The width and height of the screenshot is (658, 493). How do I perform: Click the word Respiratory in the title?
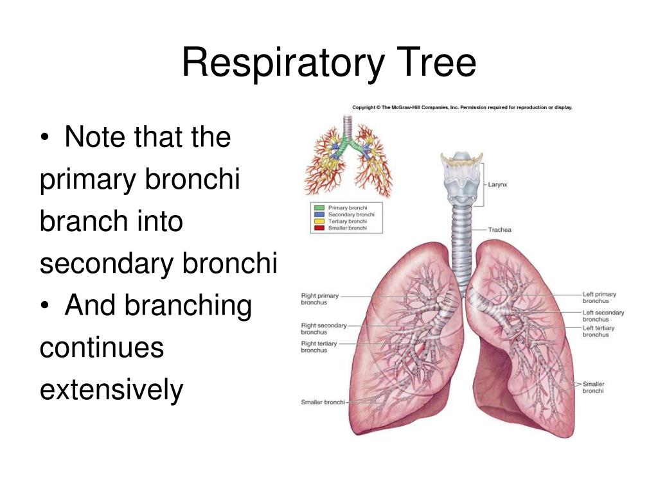coord(283,64)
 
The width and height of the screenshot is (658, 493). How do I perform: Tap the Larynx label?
coord(497,184)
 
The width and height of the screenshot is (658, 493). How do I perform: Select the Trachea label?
coord(499,230)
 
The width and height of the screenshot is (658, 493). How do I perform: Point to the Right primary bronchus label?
coord(319,299)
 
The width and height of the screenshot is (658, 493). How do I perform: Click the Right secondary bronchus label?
coord(324,329)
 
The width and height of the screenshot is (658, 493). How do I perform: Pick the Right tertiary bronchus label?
coord(319,347)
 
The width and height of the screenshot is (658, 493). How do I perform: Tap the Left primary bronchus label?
coord(600,298)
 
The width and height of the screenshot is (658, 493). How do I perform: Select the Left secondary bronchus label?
coord(603,316)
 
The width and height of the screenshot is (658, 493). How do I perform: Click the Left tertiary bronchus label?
coord(598,331)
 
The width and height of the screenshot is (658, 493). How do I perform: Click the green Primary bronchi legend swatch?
coord(319,208)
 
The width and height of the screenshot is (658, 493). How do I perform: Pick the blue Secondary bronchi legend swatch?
coord(319,214)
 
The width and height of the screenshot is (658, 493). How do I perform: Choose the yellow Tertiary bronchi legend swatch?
coord(319,221)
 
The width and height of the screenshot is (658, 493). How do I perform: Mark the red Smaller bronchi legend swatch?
coord(319,228)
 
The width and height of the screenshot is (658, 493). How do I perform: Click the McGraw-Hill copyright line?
coord(462,107)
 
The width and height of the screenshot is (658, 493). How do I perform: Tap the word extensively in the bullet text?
coord(112,390)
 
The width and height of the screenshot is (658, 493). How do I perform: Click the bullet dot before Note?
coord(45,139)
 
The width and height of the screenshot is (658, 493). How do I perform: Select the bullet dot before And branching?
coord(45,306)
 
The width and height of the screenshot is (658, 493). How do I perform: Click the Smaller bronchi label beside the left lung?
coord(593,387)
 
